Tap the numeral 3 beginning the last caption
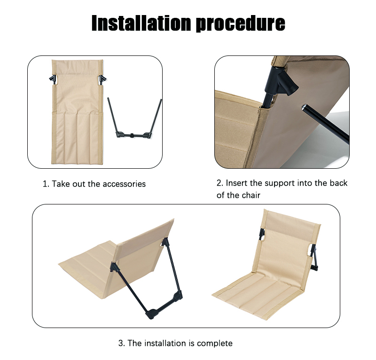[x=120, y=343]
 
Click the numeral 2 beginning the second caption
[x=219, y=183]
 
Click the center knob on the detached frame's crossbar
[x=133, y=136]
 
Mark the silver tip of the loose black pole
[x=305, y=107]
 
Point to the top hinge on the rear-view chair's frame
[x=166, y=242]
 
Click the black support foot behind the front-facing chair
[x=313, y=268]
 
